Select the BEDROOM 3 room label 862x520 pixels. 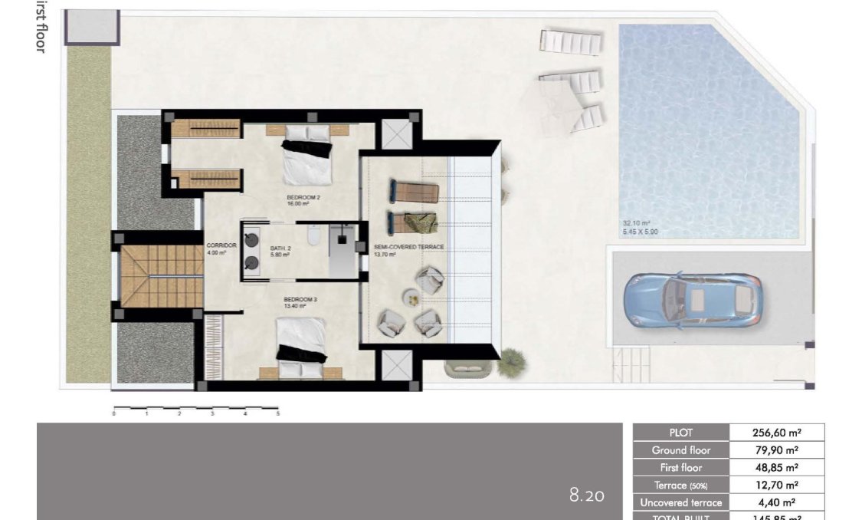coord(294,301)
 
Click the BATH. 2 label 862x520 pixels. coord(280,251)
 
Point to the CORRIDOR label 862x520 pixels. coord(217,248)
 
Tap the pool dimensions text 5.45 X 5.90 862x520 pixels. coord(640,231)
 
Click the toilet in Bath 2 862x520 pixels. coord(312,237)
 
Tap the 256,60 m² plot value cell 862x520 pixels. coord(776,433)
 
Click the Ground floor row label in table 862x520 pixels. coord(680,450)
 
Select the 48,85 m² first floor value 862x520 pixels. coord(776,467)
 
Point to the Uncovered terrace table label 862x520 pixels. coord(680,502)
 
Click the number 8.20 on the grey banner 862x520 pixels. coord(586,495)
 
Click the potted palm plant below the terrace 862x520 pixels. coord(511,362)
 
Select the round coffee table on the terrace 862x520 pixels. coord(411,296)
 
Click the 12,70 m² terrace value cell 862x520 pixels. coord(776,485)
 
